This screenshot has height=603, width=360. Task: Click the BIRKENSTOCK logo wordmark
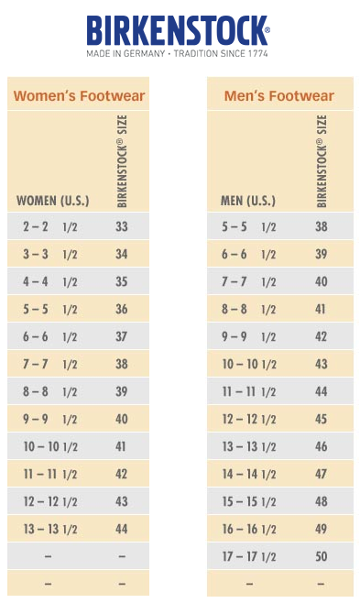[179, 30]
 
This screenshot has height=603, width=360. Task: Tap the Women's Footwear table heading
[79, 95]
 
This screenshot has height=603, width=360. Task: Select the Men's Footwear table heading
[278, 95]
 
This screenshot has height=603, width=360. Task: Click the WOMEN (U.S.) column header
[52, 200]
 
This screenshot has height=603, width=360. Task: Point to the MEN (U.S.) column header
[247, 200]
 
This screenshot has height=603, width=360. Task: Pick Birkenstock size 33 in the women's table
[122, 226]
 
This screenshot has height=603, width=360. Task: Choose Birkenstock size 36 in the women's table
[122, 309]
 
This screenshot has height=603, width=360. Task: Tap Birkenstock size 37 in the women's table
[122, 336]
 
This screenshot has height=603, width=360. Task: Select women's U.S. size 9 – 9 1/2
[50, 419]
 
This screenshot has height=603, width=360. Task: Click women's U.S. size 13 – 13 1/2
[50, 529]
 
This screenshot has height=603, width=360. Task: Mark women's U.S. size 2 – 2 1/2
[50, 226]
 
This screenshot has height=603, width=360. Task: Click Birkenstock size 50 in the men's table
[322, 556]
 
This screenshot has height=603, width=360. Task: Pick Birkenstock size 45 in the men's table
[322, 419]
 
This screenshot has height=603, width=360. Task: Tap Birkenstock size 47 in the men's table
[322, 474]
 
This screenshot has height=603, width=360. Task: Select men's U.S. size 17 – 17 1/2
[249, 556]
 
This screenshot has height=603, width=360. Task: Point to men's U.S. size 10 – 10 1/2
[249, 364]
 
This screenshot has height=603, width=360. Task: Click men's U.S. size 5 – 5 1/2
[249, 226]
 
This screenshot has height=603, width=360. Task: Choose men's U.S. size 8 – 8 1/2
[249, 309]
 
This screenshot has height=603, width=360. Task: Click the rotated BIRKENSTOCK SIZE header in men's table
[322, 161]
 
